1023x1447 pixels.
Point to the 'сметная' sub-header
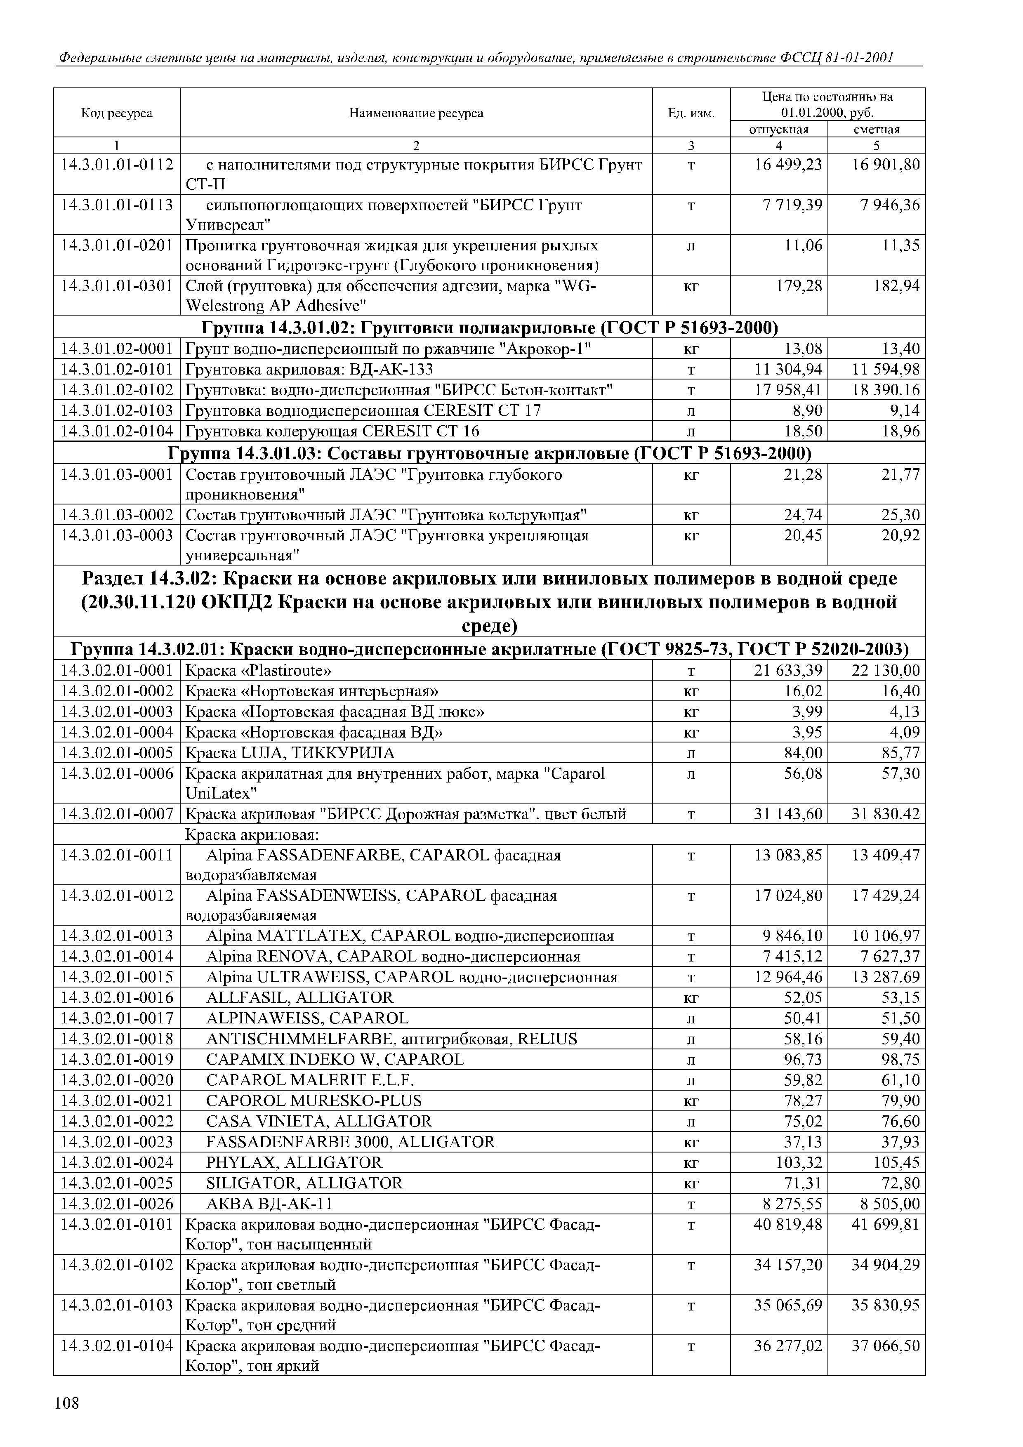[x=876, y=129]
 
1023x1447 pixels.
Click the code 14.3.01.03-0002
[x=117, y=515]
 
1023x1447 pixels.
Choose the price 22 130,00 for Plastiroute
[x=886, y=670]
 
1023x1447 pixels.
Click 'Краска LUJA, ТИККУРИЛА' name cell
[x=290, y=753]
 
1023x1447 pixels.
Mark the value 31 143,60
[x=788, y=814]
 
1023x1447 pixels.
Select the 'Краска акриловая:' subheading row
[x=252, y=834]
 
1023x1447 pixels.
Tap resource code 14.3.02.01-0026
[x=117, y=1204]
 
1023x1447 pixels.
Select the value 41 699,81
[x=886, y=1225]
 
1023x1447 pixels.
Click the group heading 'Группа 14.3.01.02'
[x=489, y=328]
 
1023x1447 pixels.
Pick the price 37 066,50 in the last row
[x=886, y=1346]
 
